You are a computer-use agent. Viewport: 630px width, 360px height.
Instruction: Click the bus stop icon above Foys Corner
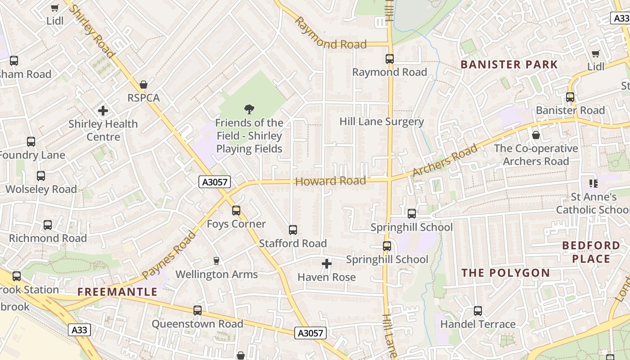[236, 210]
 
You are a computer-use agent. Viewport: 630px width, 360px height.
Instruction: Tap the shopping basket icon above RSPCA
[144, 85]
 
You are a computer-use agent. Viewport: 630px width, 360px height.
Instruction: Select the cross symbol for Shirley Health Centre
[103, 111]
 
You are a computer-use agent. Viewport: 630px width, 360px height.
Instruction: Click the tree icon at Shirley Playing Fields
[249, 109]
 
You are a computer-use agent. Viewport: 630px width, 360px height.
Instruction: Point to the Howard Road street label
[330, 181]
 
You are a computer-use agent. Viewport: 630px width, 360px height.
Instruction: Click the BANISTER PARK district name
[509, 64]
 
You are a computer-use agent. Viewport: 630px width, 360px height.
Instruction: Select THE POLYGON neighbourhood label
[506, 273]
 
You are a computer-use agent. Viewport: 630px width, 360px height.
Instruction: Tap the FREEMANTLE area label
[117, 292]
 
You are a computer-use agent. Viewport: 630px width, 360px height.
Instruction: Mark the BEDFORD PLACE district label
[591, 252]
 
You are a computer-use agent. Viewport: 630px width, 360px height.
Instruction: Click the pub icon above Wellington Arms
[216, 261]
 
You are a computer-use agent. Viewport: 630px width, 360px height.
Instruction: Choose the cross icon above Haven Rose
[327, 264]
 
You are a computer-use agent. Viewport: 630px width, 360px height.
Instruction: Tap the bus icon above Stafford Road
[293, 230]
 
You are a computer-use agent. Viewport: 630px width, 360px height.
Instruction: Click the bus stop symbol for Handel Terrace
[478, 311]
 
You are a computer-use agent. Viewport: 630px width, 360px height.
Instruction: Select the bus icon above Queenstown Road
[198, 310]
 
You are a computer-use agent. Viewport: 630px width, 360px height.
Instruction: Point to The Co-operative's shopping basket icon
[536, 135]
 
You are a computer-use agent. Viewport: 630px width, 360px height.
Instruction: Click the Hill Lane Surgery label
[382, 121]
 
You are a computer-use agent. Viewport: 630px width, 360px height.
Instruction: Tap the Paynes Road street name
[169, 255]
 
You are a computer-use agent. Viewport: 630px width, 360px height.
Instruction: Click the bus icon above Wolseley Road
[41, 176]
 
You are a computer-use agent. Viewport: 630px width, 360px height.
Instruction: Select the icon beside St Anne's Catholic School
[594, 184]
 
